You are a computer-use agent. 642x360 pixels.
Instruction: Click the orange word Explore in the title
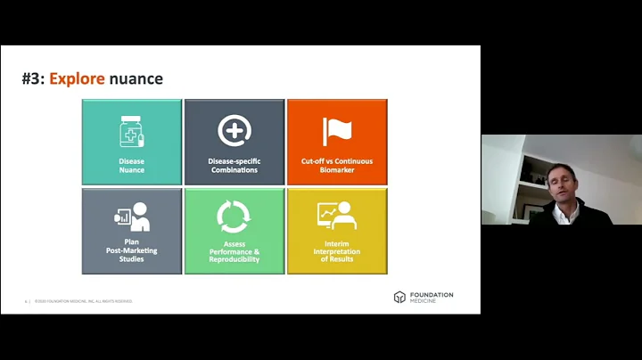[77, 78]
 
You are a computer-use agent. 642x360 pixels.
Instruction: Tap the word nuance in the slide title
[136, 78]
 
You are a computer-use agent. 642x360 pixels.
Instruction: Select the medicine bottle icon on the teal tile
[132, 132]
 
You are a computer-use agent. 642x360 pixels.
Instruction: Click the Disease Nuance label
[132, 166]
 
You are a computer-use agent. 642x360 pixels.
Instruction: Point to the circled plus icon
[235, 131]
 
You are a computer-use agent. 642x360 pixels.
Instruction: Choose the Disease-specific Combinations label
[235, 166]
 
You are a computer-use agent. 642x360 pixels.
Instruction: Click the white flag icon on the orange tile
[337, 131]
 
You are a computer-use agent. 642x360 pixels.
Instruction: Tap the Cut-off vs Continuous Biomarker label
[337, 166]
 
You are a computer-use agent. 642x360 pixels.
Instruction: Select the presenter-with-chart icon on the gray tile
[132, 217]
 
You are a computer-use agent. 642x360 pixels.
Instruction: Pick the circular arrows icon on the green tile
[234, 217]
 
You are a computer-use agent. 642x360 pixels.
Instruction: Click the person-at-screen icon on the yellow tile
[336, 217]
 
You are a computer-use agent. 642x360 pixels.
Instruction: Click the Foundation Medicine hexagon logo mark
[399, 297]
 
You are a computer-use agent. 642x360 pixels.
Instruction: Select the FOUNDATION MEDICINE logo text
[432, 297]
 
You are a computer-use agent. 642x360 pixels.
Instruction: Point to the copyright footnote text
[84, 301]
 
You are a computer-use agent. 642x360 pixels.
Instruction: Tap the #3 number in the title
[32, 78]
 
